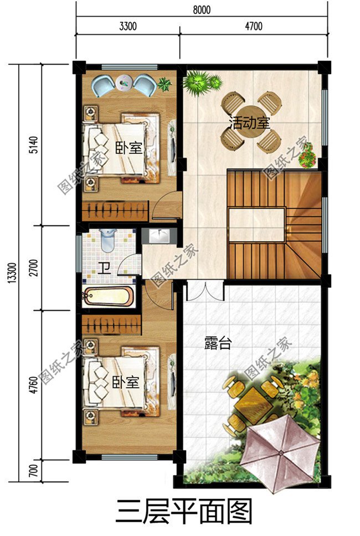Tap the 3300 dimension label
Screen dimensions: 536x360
tap(127, 26)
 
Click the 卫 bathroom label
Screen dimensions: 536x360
tap(104, 269)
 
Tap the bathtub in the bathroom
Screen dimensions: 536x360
tap(108, 296)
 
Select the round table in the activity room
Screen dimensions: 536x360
tap(252, 121)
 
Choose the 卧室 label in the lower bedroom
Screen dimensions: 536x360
tap(125, 383)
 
